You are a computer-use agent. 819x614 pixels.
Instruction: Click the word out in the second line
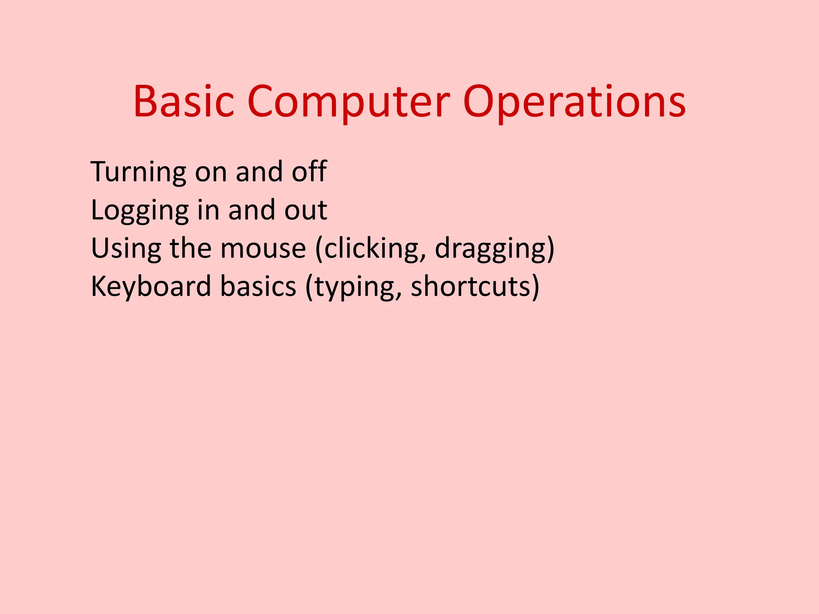coord(306,210)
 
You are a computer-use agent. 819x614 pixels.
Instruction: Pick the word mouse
coord(263,249)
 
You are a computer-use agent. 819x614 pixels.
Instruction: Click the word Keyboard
coord(151,287)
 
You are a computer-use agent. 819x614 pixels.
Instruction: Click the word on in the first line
coord(211,172)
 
